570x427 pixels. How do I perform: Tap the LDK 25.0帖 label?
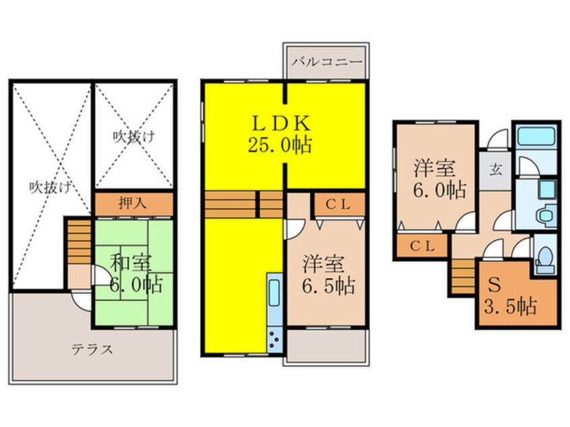coord(282,133)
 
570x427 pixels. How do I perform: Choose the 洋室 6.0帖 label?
coord(438,178)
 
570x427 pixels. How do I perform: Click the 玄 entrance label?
coord(495,168)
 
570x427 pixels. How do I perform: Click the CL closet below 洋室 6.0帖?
coord(423,246)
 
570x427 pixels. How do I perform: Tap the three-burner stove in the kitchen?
coord(276,334)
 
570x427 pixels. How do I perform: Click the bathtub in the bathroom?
coord(535,138)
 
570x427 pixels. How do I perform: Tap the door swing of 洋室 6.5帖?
coord(292,229)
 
